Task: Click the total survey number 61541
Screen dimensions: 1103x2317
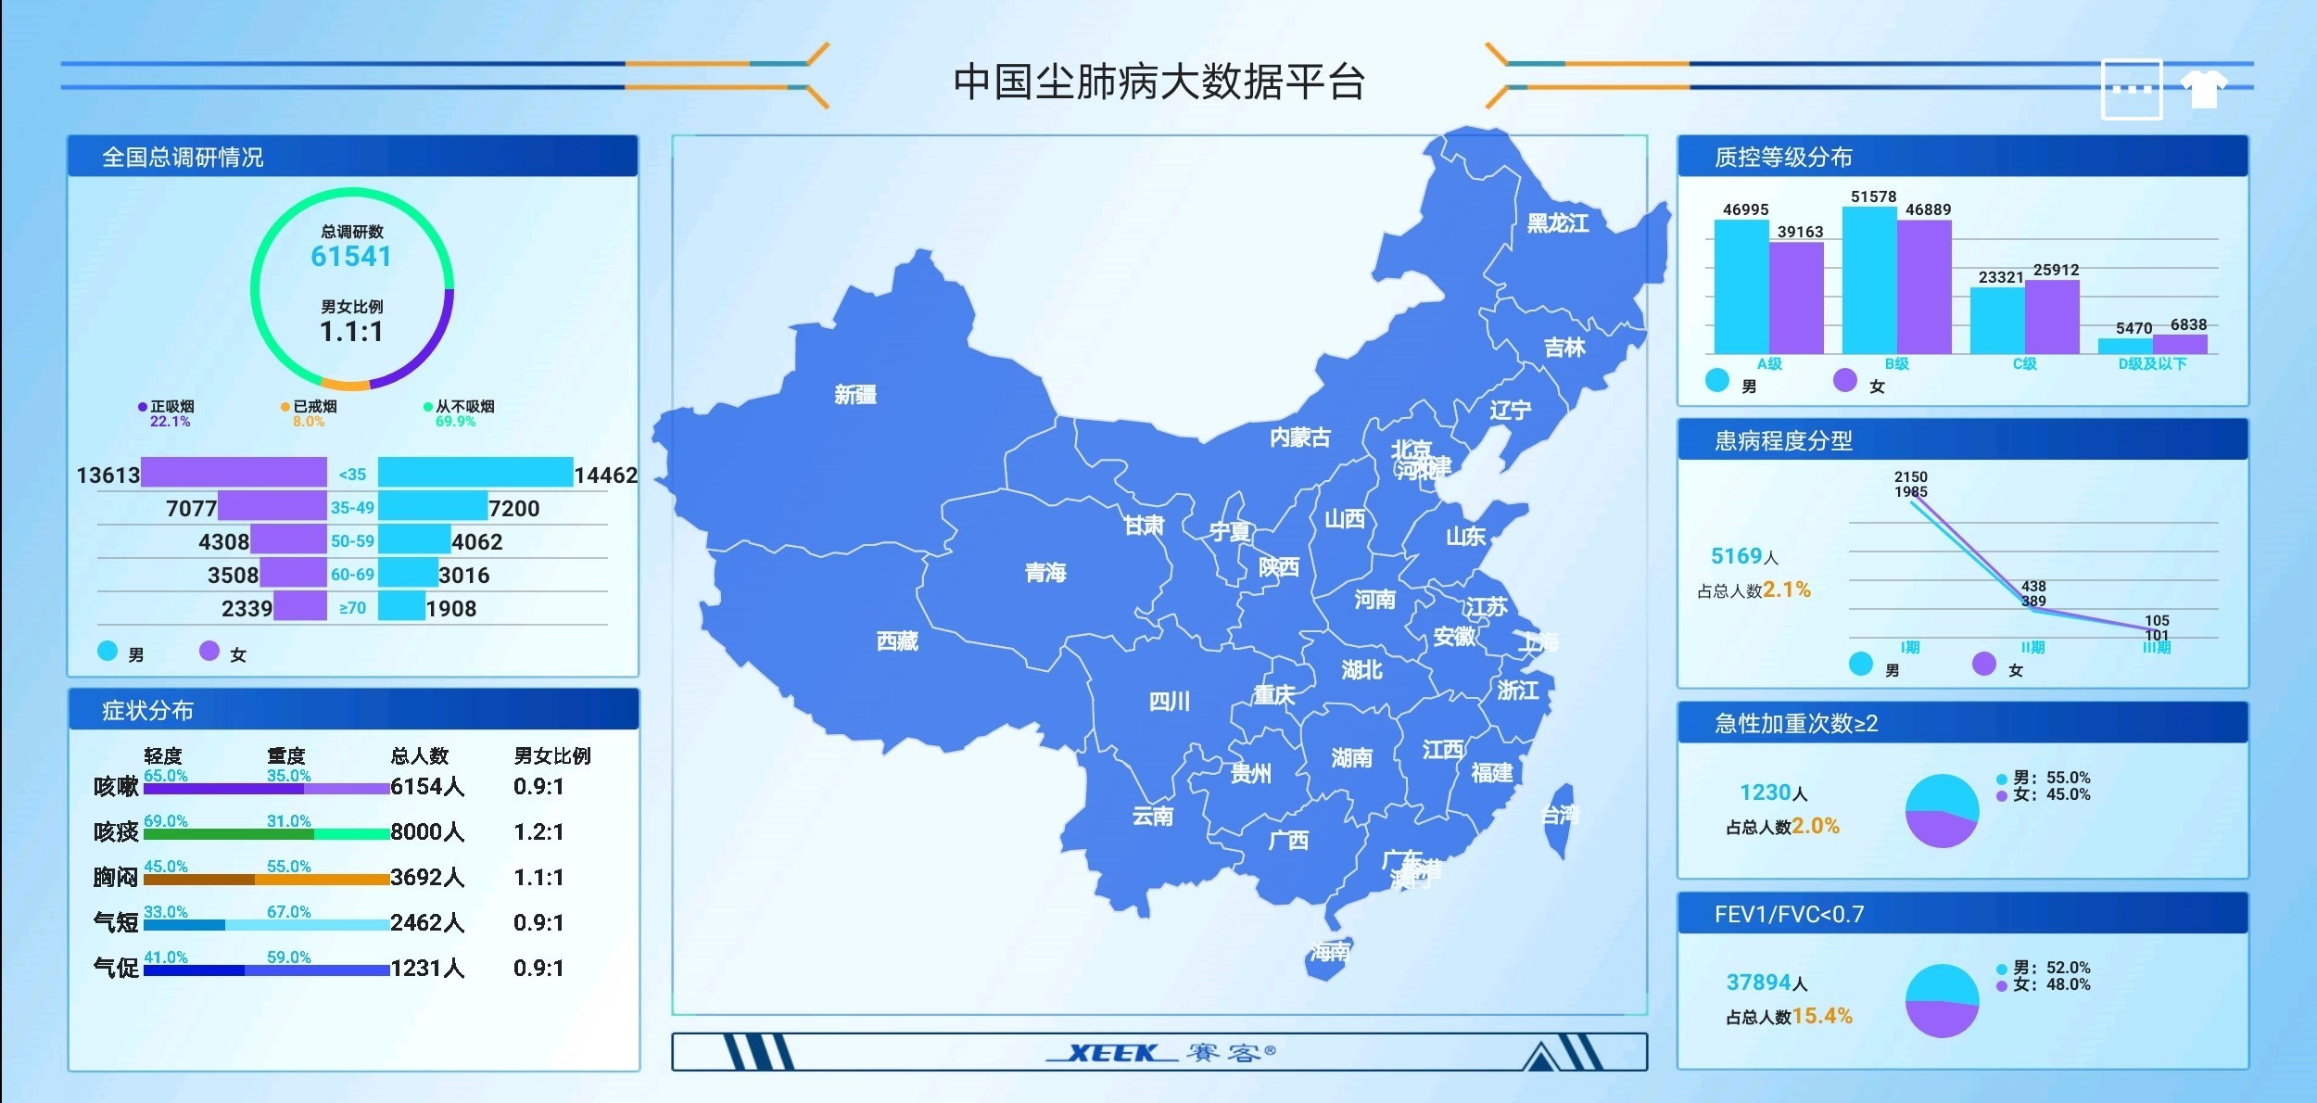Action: click(351, 257)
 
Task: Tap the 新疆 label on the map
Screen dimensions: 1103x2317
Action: click(855, 395)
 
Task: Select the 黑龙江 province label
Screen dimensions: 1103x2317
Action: click(1557, 223)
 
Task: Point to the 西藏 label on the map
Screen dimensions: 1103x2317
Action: click(897, 641)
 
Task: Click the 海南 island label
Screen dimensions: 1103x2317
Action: click(1330, 951)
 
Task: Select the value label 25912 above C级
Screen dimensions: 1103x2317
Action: click(2056, 270)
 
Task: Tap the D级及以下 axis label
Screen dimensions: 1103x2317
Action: click(2152, 364)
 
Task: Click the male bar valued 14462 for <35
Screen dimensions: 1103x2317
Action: click(475, 473)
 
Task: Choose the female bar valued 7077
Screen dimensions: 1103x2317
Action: click(272, 506)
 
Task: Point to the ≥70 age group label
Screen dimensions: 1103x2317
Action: click(352, 608)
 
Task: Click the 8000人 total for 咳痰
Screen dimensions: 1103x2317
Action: click(427, 831)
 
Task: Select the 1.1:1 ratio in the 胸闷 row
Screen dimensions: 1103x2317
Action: click(538, 877)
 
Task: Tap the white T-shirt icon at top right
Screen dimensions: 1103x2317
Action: click(2203, 89)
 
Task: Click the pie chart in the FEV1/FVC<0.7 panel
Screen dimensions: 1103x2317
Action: click(1942, 1000)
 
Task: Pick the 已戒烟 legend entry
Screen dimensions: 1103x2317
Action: click(310, 407)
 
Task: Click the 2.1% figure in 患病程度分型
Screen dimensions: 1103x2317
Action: click(1786, 590)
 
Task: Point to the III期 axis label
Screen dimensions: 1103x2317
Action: click(2156, 648)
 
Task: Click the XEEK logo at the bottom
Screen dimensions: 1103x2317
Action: click(1112, 1052)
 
